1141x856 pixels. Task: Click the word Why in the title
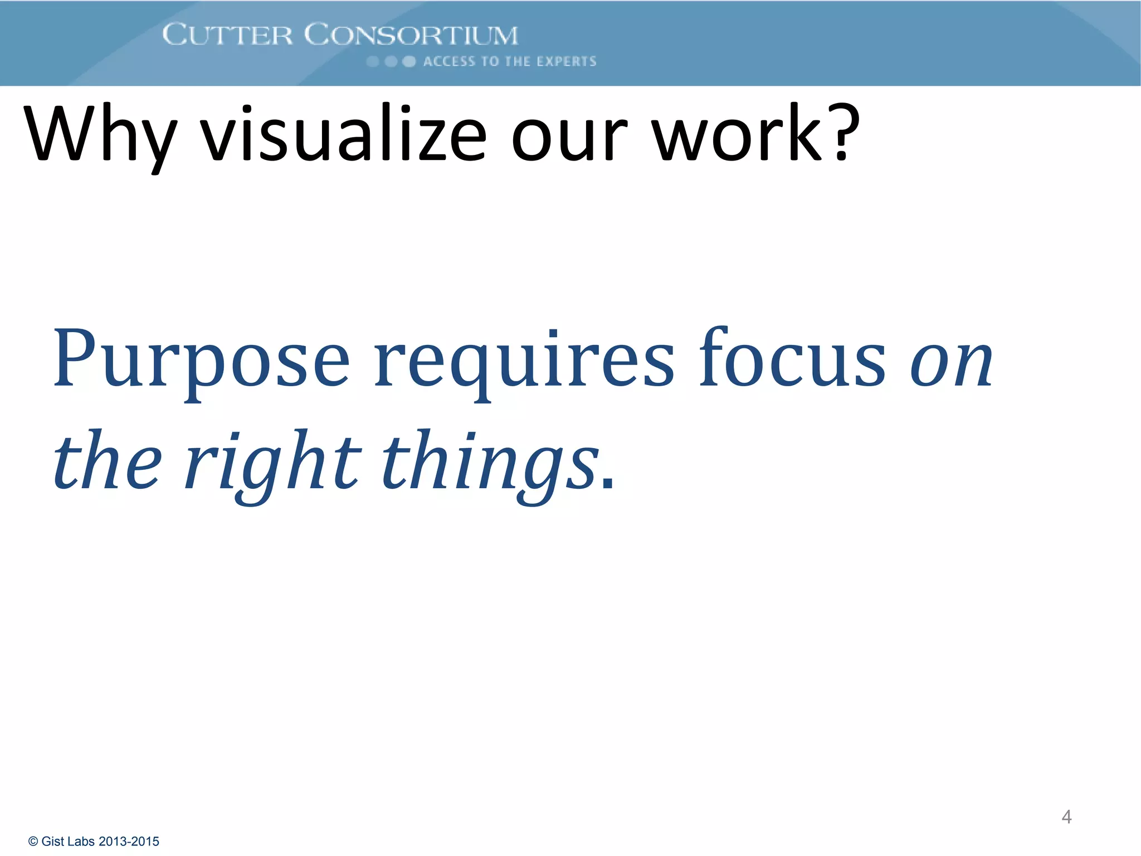pyautogui.click(x=100, y=135)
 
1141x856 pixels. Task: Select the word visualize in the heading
pyautogui.click(x=343, y=135)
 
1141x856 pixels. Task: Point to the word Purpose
pyautogui.click(x=201, y=359)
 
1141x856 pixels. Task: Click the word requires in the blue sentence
pyautogui.click(x=524, y=359)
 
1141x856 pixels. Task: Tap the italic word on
pyautogui.click(x=952, y=362)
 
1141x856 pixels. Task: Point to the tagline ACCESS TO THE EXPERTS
pyautogui.click(x=509, y=61)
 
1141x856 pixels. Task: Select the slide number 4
pyautogui.click(x=1066, y=817)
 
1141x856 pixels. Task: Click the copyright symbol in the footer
pyautogui.click(x=33, y=842)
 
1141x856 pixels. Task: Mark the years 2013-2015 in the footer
pyautogui.click(x=129, y=842)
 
